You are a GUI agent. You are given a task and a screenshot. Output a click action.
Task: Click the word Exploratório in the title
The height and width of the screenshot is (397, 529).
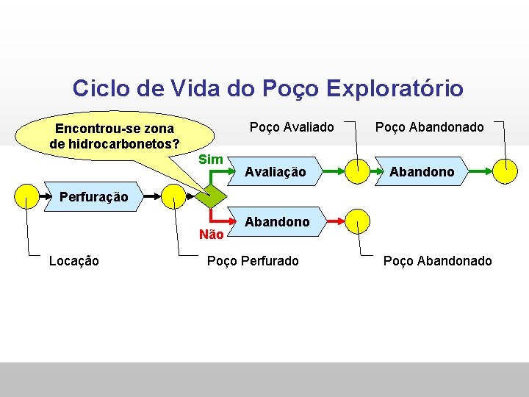tap(395, 89)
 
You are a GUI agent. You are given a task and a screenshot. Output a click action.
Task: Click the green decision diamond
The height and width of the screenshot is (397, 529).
tap(212, 196)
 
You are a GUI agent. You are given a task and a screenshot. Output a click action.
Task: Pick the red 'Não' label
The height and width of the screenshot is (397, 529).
tap(211, 235)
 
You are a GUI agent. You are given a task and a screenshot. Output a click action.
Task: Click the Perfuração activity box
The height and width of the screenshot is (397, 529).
tap(93, 196)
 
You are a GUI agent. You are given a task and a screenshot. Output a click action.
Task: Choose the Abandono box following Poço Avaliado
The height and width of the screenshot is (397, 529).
tap(422, 172)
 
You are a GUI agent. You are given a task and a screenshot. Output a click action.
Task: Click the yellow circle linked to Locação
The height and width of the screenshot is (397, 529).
tap(27, 196)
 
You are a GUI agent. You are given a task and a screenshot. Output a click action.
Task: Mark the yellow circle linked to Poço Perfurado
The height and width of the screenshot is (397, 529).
tap(174, 196)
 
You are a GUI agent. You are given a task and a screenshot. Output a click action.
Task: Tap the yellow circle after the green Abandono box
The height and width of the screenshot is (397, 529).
tap(505, 171)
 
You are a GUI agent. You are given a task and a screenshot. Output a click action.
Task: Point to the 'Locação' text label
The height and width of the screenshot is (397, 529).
tap(73, 261)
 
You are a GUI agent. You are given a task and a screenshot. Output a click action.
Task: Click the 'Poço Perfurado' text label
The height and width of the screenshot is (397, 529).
tap(253, 261)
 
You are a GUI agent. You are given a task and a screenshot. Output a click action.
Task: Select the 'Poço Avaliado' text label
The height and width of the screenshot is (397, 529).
tap(292, 127)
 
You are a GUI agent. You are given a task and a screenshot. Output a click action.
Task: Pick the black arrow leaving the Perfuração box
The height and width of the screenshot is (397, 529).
tap(151, 196)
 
